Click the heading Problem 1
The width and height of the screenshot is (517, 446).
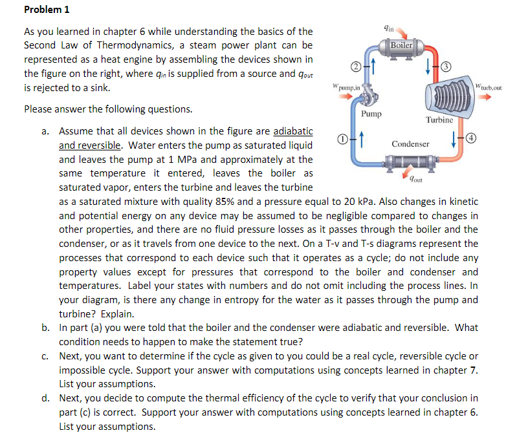[x=47, y=10]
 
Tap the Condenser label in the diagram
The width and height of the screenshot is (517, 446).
[x=410, y=143]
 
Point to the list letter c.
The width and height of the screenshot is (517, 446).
[x=45, y=356]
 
